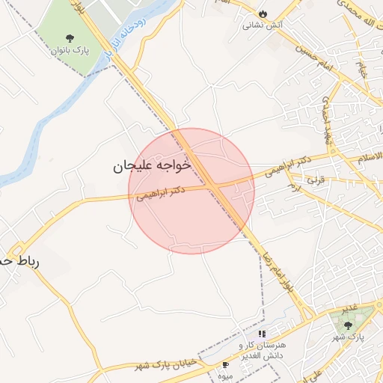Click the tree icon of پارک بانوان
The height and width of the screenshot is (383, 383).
[70, 37]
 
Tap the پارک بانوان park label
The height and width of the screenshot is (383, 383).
[70, 51]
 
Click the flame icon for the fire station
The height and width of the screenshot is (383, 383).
[263, 13]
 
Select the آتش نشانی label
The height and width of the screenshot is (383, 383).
[262, 25]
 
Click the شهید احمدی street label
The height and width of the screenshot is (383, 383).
[327, 118]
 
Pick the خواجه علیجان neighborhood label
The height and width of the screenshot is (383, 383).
[153, 165]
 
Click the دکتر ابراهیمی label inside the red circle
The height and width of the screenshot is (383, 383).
[161, 193]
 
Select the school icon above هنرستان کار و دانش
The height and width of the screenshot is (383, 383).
[262, 334]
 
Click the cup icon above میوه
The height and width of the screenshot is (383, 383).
[226, 364]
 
